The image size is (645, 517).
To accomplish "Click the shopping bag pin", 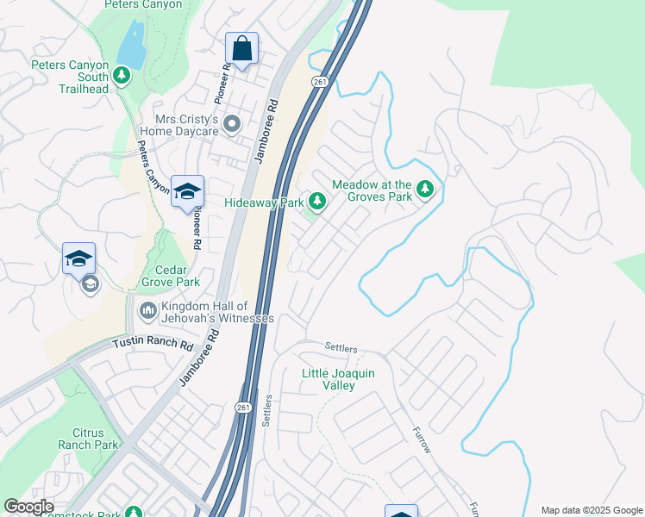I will (242, 48).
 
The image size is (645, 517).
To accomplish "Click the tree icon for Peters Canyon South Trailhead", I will (122, 76).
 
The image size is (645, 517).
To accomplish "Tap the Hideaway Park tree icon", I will (318, 202).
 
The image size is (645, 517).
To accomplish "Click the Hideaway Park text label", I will (265, 202).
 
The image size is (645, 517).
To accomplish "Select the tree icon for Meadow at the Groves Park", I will (423, 188).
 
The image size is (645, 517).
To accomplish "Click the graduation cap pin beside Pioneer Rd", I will (187, 191).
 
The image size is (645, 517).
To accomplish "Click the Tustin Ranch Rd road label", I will (153, 343).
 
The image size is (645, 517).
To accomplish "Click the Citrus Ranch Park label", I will (88, 439).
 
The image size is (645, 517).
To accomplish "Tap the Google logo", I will (28, 507).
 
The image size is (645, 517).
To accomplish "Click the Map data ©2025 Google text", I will (591, 510).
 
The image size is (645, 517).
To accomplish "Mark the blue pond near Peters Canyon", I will (132, 44).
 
